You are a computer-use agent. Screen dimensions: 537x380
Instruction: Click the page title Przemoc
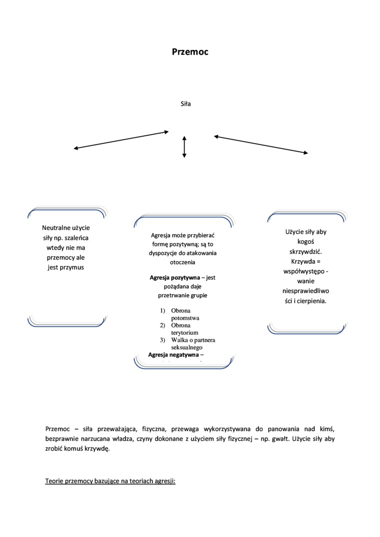pyautogui.click(x=190, y=51)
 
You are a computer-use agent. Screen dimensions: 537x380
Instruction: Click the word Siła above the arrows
pyautogui.click(x=185, y=104)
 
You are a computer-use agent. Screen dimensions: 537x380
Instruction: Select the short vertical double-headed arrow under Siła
pyautogui.click(x=184, y=147)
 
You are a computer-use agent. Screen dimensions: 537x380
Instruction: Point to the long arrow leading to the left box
pyautogui.click(x=121, y=140)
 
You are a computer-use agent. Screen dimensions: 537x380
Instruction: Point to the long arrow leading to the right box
pyautogui.click(x=261, y=144)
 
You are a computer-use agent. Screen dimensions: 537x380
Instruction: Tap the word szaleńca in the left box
pyautogui.click(x=77, y=238)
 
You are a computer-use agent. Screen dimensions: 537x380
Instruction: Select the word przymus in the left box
pyautogui.click(x=73, y=267)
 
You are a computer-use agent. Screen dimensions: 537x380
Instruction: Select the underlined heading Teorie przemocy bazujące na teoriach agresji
pyautogui.click(x=110, y=482)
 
